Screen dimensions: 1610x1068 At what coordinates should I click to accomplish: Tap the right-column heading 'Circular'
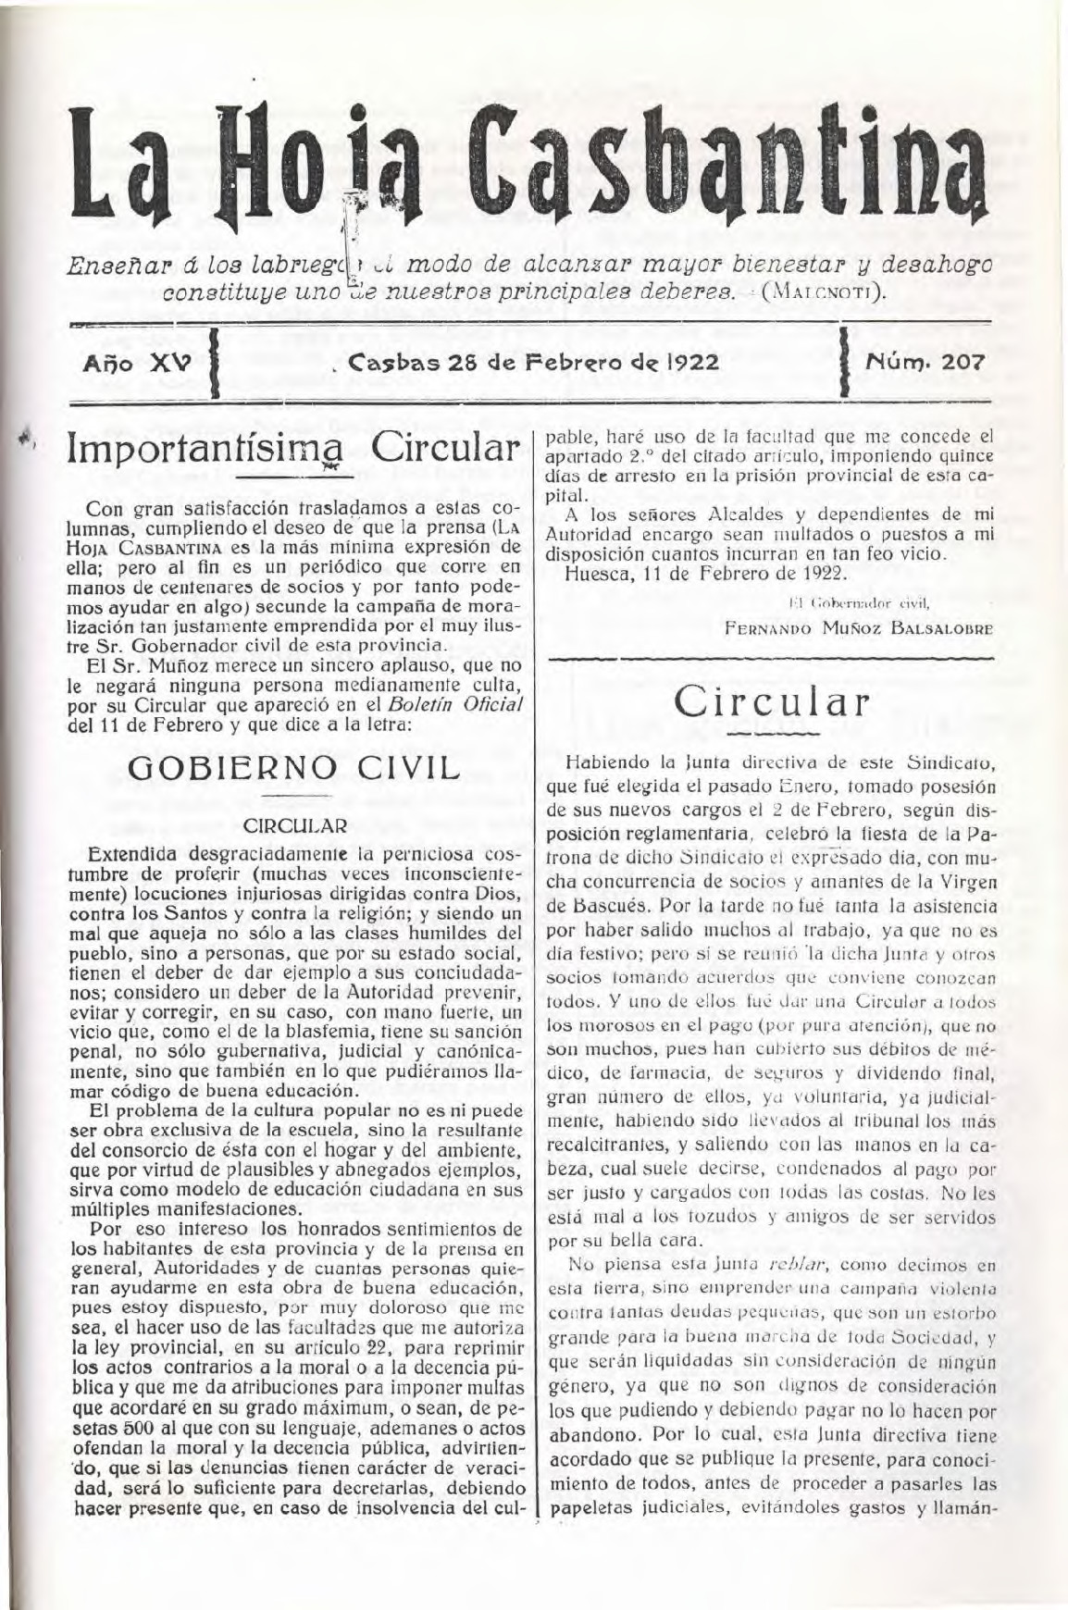tap(772, 700)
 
